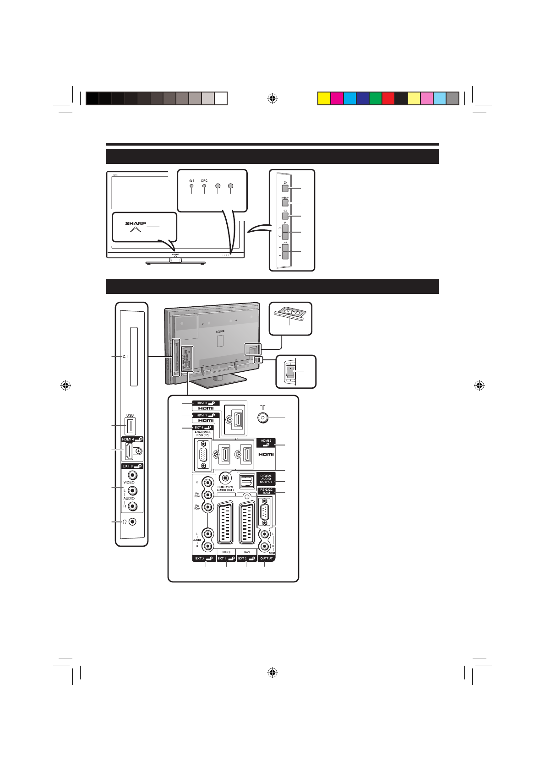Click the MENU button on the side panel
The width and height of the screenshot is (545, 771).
(x=285, y=202)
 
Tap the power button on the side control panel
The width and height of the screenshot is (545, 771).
(x=285, y=188)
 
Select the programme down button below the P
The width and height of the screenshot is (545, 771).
(x=285, y=236)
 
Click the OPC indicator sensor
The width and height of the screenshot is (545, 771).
(x=204, y=186)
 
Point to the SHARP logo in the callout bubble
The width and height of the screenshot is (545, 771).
(x=136, y=223)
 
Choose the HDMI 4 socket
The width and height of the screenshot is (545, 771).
(x=130, y=451)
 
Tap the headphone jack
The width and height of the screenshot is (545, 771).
(x=132, y=521)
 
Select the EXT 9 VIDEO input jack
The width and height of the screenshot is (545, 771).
(x=132, y=476)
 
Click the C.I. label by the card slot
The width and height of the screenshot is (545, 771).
(x=125, y=357)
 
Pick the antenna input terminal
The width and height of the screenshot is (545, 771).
(x=263, y=418)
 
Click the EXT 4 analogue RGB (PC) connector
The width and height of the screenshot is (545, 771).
(x=202, y=455)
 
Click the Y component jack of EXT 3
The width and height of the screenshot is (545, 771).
(x=208, y=482)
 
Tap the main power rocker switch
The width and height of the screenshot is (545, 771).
(x=290, y=371)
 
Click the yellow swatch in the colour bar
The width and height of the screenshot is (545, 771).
(x=324, y=98)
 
